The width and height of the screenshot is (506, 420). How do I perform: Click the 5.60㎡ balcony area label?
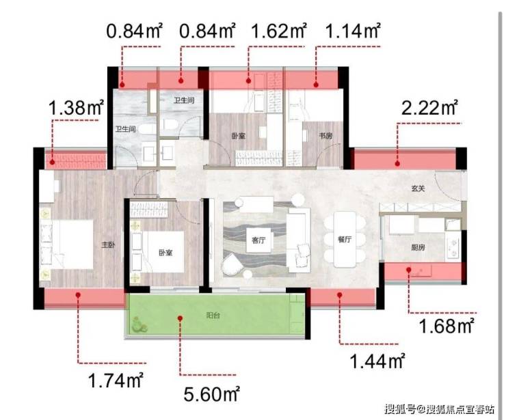pos(212,393)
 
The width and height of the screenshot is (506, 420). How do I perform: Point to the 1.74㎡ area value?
pos(116,380)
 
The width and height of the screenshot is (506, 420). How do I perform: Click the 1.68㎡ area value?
pos(447,325)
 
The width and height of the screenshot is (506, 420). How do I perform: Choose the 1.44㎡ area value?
pos(377,361)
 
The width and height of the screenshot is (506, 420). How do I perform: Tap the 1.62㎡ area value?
pos(279,31)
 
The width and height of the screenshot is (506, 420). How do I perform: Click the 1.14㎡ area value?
pos(353,31)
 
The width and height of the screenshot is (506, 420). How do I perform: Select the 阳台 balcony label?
pos(213,316)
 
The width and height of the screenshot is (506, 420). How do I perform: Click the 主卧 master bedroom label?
pos(108,245)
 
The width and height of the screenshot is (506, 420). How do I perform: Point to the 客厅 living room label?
pos(258,240)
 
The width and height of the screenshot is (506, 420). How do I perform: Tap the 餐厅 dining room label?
pos(345,240)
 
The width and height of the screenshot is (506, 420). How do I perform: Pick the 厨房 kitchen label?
pos(418,247)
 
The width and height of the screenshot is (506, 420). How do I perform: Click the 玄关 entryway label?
pos(418,188)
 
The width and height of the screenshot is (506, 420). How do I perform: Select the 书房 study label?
pos(325,136)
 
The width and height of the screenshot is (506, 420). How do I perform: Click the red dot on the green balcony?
pos(181,318)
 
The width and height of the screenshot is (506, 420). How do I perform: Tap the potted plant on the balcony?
pos(139,324)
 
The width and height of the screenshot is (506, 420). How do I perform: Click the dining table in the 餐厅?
pos(345,239)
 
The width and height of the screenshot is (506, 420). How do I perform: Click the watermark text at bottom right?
pos(440,409)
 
